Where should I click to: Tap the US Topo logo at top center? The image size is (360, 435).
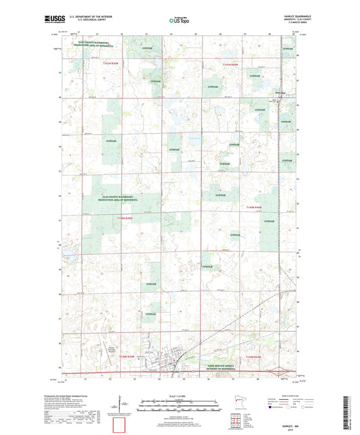coord(180,21)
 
